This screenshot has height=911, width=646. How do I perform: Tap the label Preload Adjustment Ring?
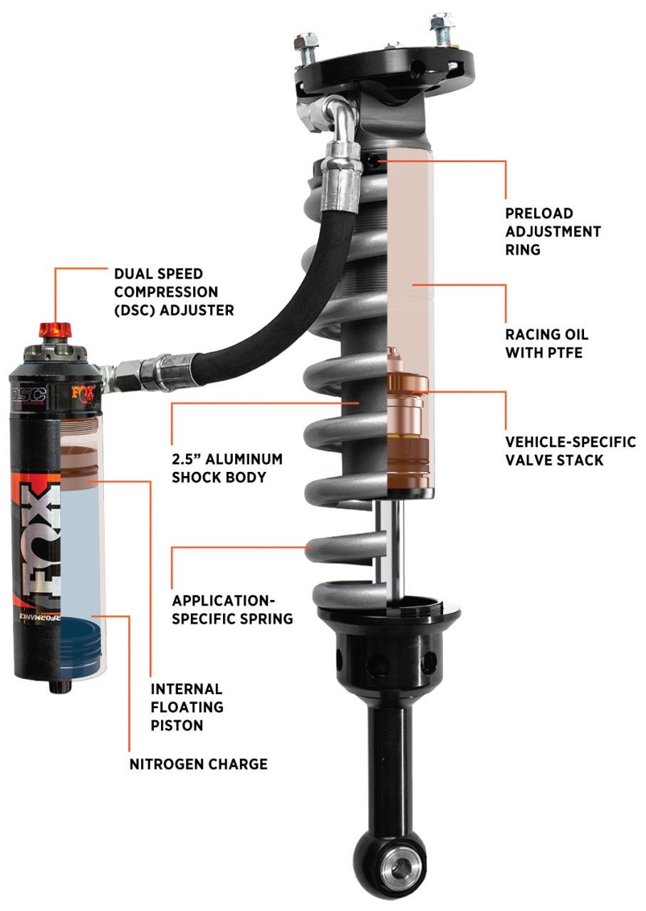tap(553, 231)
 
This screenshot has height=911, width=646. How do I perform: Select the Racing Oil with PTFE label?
tap(547, 343)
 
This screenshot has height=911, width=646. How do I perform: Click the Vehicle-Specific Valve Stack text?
tap(570, 451)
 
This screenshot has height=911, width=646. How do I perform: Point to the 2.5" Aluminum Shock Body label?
tap(227, 468)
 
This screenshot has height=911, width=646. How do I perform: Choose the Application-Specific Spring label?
tap(232, 609)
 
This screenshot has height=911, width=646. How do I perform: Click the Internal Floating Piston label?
tap(187, 707)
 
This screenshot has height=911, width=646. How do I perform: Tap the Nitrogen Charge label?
tap(198, 764)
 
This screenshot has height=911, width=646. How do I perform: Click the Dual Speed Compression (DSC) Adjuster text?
tap(174, 292)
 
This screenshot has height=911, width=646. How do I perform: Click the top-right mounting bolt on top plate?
tap(442, 28)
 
